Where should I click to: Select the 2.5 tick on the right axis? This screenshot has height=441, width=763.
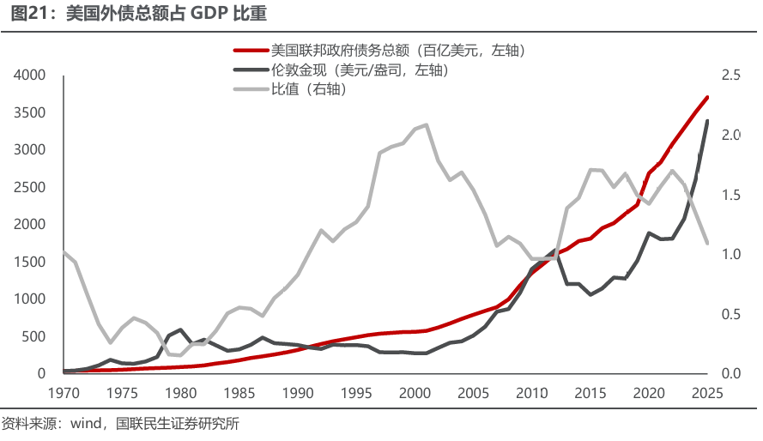tap(730, 76)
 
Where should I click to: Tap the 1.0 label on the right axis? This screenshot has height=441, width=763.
tap(730, 255)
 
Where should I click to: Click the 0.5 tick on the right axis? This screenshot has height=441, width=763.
tap(730, 314)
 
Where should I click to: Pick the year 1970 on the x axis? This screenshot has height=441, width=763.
tap(64, 394)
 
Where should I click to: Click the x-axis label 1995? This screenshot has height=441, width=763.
tap(356, 394)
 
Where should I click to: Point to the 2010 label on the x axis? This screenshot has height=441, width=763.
tap(531, 394)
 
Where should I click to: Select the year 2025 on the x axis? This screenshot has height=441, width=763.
tap(707, 394)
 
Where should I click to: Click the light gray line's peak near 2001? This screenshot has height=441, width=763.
tap(427, 124)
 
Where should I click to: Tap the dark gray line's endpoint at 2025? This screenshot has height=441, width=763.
tap(707, 121)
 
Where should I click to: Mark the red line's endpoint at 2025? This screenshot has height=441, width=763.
tap(707, 97)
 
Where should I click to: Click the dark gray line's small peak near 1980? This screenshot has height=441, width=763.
tap(180, 329)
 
